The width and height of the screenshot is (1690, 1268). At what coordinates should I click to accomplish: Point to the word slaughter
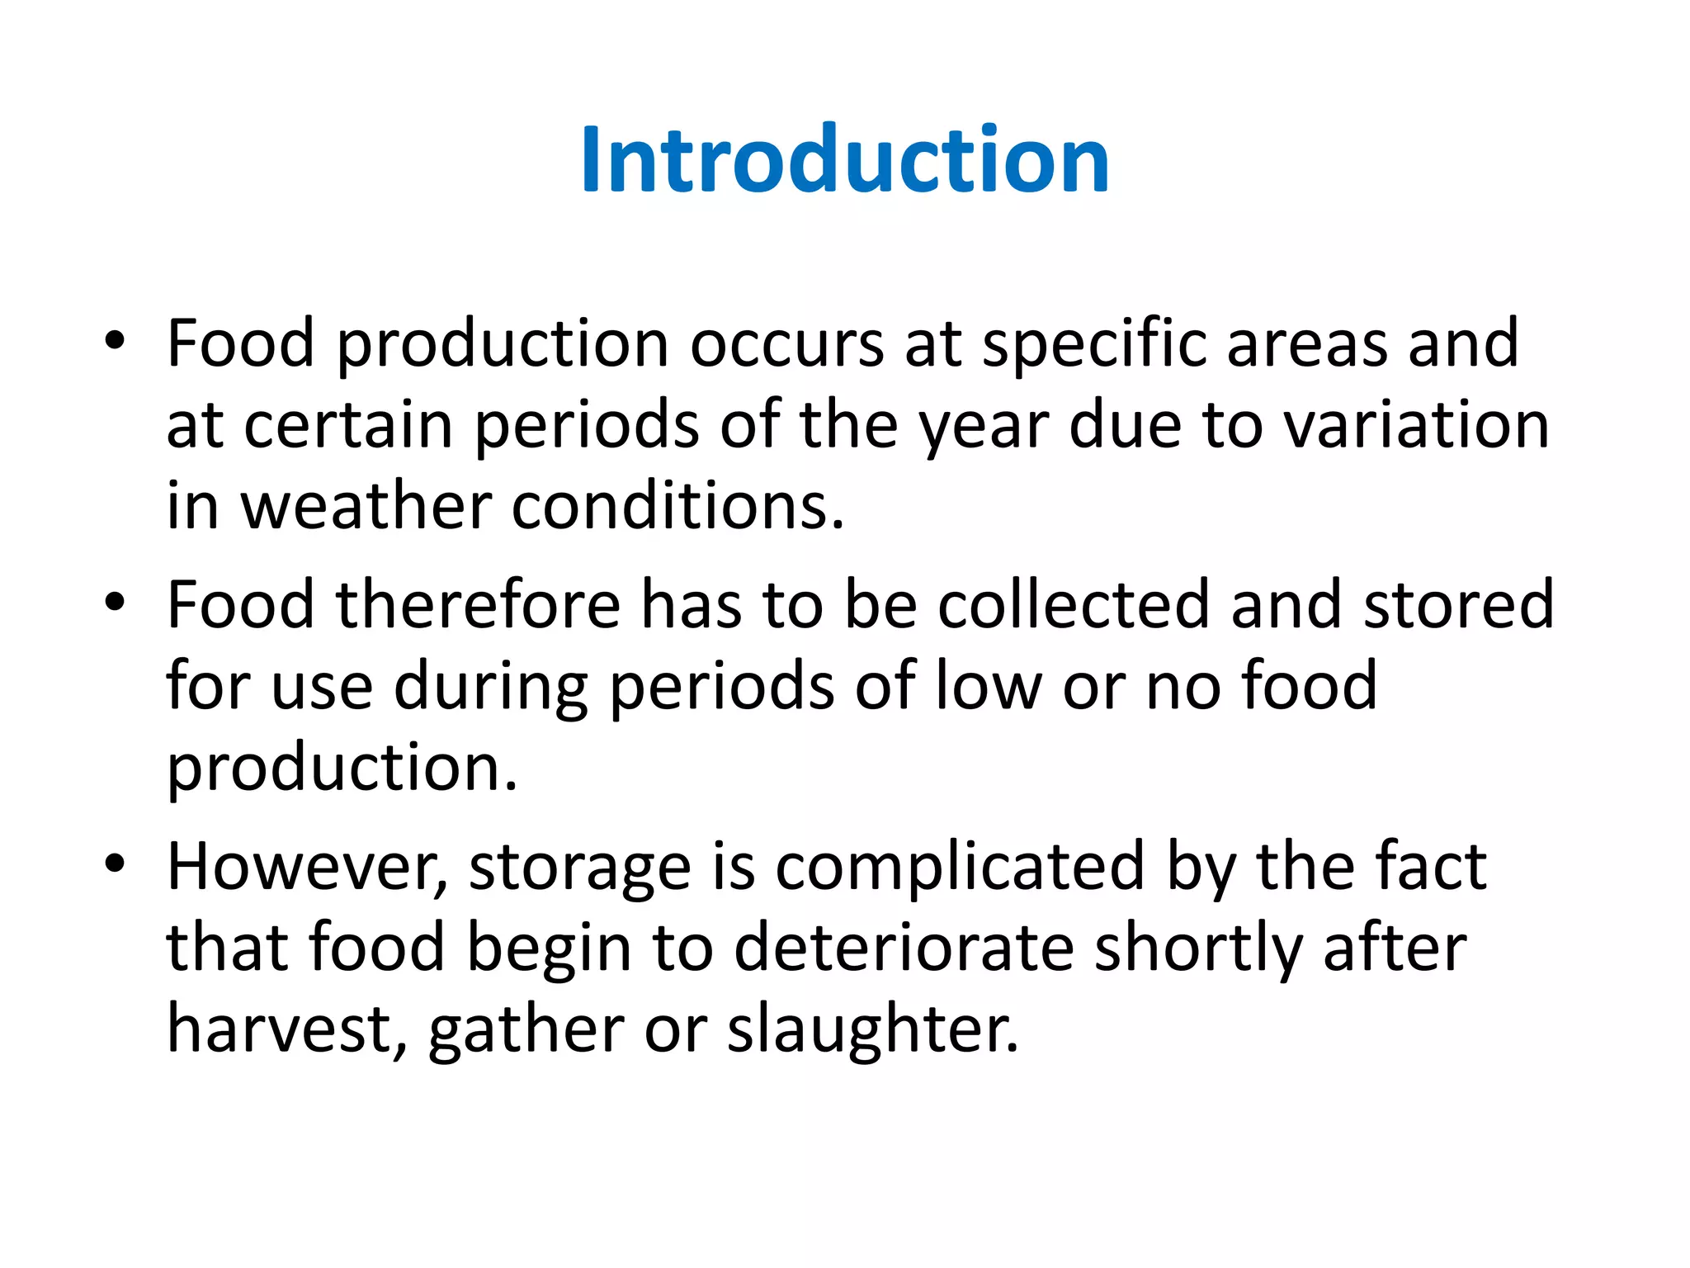pyautogui.click(x=872, y=1029)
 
